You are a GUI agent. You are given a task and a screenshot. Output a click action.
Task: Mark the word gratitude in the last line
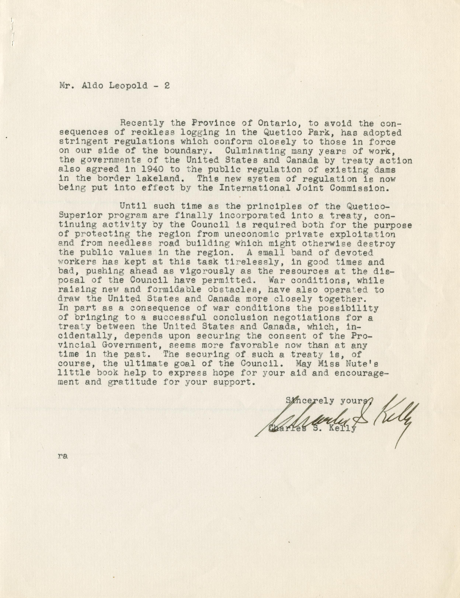[132, 382]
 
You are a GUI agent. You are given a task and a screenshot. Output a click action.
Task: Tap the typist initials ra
[63, 456]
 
